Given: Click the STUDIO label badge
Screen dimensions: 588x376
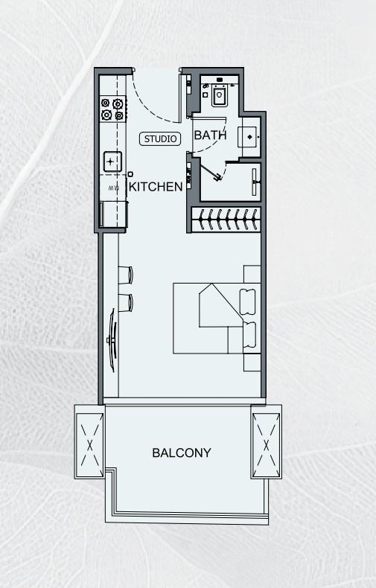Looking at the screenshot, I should click(160, 138).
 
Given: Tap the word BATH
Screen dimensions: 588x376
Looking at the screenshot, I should click(210, 135).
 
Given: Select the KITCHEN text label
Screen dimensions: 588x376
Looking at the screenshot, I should click(156, 187).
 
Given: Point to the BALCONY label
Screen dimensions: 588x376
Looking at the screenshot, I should click(182, 453).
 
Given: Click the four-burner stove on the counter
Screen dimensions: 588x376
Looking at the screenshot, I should click(112, 109).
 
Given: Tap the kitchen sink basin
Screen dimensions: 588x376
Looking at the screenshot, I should click(112, 160).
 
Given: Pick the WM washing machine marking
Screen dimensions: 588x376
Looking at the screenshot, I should click(114, 188).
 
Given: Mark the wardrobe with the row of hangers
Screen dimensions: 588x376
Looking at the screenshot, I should click(226, 219).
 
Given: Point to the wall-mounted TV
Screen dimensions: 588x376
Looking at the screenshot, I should click(112, 340).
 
